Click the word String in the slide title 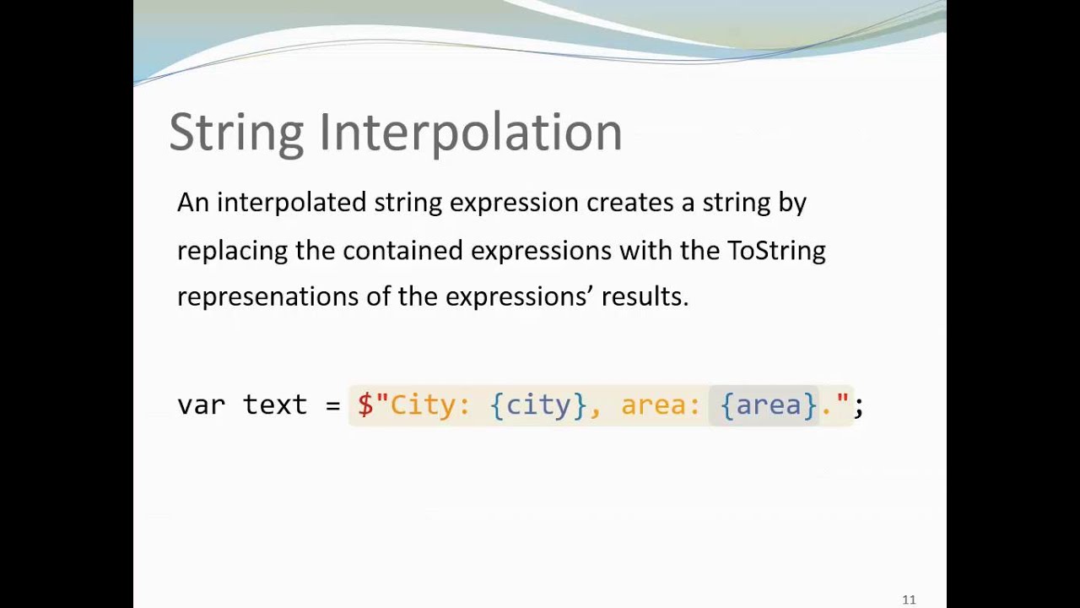click(x=235, y=133)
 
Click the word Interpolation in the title click(x=470, y=133)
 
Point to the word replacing click(x=232, y=251)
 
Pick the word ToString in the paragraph click(x=776, y=251)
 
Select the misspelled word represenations click(x=267, y=296)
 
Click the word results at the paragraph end click(x=644, y=296)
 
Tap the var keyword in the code click(x=201, y=405)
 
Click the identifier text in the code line click(x=275, y=405)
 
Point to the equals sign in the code click(x=332, y=405)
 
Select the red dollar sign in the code click(x=365, y=405)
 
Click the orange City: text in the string click(x=429, y=405)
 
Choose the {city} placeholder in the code click(x=538, y=405)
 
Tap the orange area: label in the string click(x=661, y=405)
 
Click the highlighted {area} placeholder click(x=768, y=405)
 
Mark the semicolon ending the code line click(x=858, y=407)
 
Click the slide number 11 click(x=909, y=600)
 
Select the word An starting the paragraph click(x=192, y=203)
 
